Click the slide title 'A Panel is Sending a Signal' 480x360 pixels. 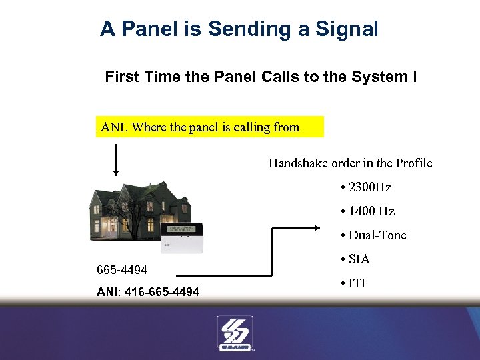click(239, 29)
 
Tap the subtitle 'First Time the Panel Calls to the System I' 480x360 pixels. click(261, 77)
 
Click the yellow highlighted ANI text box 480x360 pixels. click(210, 127)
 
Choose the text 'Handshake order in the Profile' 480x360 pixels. click(350, 163)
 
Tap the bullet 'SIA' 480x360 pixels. click(359, 259)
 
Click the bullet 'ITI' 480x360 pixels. click(357, 283)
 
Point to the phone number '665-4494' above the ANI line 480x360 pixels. click(122, 270)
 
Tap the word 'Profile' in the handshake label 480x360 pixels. click(414, 163)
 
